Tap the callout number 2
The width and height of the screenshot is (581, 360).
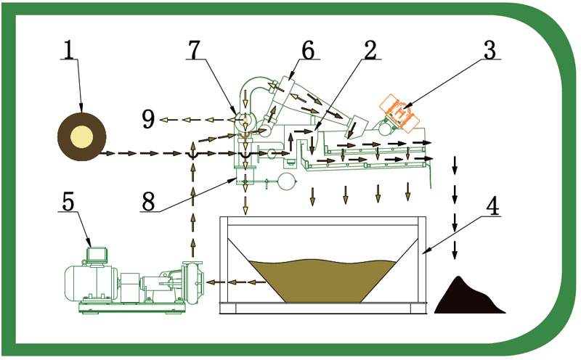click(370, 49)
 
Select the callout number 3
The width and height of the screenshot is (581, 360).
click(489, 49)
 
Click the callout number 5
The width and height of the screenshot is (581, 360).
click(68, 202)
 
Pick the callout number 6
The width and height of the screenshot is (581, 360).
click(307, 49)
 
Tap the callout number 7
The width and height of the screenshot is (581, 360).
click(195, 49)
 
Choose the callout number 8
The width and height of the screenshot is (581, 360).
click(148, 202)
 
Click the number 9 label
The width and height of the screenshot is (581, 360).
click(148, 119)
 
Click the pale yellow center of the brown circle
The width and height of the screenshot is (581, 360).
click(81, 136)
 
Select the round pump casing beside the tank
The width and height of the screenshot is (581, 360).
click(192, 282)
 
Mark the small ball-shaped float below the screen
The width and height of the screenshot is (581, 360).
click(288, 181)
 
